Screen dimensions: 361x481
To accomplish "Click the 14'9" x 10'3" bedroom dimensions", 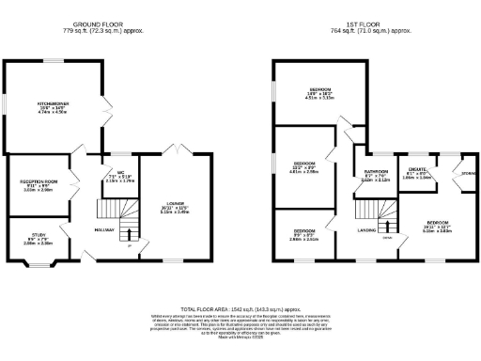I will [314, 94].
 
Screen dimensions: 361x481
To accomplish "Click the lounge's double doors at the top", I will [174, 151].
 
